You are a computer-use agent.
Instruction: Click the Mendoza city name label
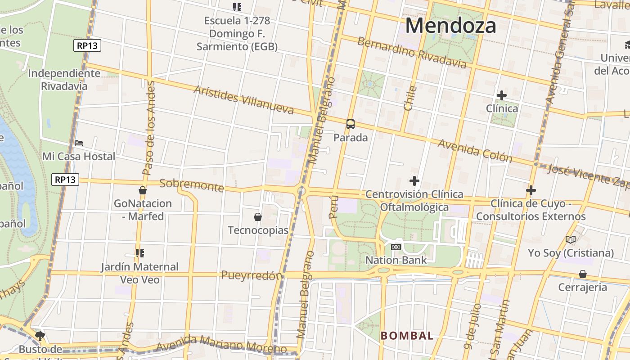click(x=450, y=26)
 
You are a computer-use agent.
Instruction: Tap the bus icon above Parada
click(x=351, y=124)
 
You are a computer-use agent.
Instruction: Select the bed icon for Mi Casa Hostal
click(x=79, y=143)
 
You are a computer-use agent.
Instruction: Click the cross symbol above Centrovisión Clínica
click(x=414, y=181)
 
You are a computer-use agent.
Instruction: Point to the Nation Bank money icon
click(x=396, y=247)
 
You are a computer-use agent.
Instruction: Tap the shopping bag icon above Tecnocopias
click(x=258, y=217)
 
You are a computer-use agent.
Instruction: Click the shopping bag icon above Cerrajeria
click(x=583, y=274)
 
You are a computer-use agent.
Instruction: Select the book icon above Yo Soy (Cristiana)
click(x=571, y=240)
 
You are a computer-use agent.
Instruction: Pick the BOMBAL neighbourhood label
click(x=407, y=336)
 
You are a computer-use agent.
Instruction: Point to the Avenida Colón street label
click(x=475, y=150)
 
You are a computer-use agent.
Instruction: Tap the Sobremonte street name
click(x=192, y=185)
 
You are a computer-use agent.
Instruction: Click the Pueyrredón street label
click(x=252, y=275)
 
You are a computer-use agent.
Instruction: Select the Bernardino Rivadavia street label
click(x=412, y=53)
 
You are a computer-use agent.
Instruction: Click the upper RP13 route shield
click(x=87, y=45)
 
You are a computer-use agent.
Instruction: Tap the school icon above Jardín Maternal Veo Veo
click(x=139, y=253)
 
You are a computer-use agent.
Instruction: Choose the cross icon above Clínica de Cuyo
click(x=531, y=191)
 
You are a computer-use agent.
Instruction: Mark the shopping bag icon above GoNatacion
click(x=143, y=190)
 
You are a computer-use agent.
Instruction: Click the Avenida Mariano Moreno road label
click(x=222, y=344)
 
